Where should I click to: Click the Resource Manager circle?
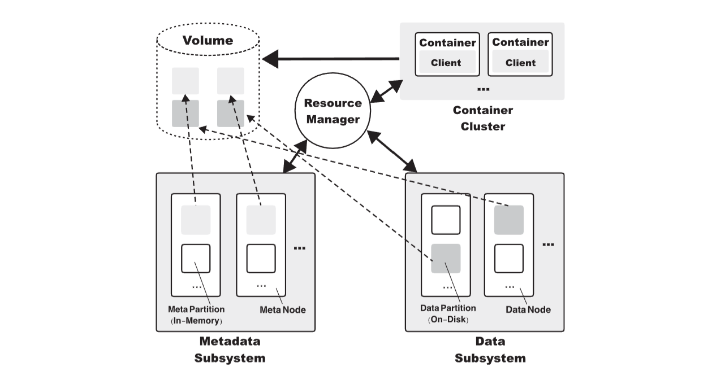[332, 111]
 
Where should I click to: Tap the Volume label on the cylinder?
[207, 41]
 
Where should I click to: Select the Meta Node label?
[282, 309]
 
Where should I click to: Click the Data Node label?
[528, 309]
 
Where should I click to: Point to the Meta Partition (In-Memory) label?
[196, 315]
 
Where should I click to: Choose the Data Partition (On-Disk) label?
[448, 314]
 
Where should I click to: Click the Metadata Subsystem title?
[230, 350]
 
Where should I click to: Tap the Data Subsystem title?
[490, 350]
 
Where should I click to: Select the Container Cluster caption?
[482, 118]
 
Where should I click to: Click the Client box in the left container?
[446, 63]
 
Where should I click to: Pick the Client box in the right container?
[520, 63]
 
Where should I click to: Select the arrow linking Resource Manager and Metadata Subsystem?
[295, 156]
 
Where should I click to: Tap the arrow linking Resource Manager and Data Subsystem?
[392, 151]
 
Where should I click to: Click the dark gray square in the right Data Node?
[508, 220]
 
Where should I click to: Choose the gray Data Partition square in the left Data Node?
[446, 259]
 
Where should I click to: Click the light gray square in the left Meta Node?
[196, 220]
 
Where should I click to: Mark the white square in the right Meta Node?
[261, 259]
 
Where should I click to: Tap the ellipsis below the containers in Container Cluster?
[482, 89]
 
